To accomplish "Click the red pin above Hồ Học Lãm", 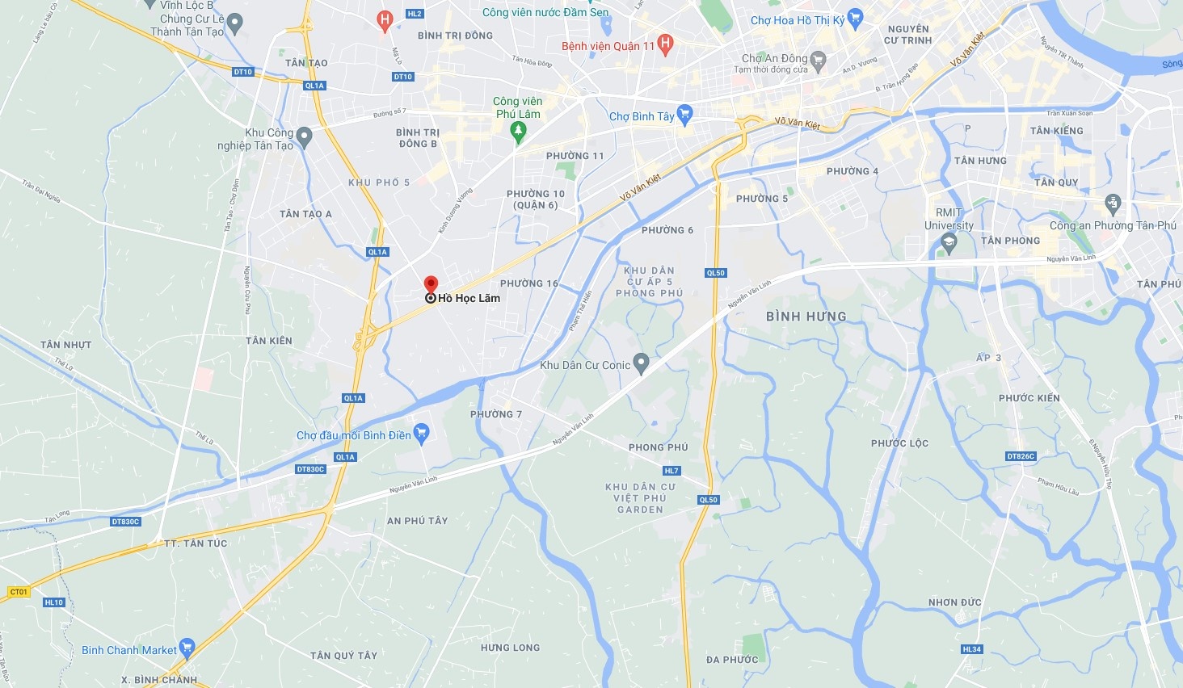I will pos(431,284).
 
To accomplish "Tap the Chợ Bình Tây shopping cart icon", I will pos(685,115).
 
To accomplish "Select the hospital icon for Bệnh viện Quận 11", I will pos(665,45).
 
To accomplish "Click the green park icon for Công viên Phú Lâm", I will pos(519,131).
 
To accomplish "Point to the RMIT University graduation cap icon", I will pos(949,242).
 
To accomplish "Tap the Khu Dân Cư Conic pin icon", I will pos(641,364).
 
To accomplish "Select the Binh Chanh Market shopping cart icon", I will pos(187,648).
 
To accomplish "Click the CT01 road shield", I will pos(19,592).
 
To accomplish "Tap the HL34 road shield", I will pos(972,649).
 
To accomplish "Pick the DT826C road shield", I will pos(1021,456).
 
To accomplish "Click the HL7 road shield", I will pos(671,471).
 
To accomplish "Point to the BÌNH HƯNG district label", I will pos(806,317).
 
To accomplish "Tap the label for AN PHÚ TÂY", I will pos(417,521).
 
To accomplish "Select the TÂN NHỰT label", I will pos(65,345).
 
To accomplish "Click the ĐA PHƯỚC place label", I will pos(732,660).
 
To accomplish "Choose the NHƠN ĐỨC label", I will pos(954,602).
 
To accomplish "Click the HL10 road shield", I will pos(54,602).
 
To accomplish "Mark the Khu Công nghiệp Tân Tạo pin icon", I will pos(304,137).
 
